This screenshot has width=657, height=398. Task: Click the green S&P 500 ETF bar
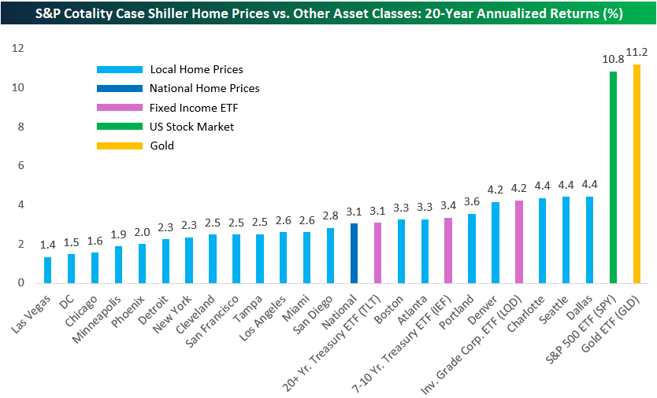(613, 178)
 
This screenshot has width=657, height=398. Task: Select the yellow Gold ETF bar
(637, 174)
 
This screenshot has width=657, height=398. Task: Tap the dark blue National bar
(354, 253)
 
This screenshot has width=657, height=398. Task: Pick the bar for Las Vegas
(47, 270)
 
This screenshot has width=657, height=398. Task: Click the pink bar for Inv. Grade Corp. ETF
(519, 242)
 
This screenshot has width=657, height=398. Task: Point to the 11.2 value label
(637, 53)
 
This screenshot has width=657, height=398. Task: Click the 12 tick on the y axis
(17, 49)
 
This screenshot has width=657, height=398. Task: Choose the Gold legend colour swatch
(118, 146)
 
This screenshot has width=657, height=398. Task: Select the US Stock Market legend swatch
(118, 127)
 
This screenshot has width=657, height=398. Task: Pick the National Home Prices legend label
(204, 89)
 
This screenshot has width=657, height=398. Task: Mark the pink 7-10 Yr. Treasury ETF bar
(448, 250)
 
